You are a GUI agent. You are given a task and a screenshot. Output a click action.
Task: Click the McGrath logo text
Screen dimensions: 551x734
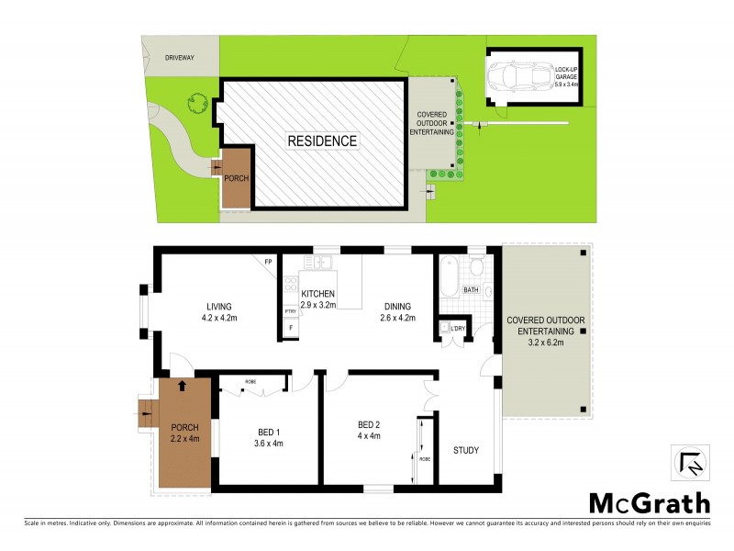click(x=649, y=502)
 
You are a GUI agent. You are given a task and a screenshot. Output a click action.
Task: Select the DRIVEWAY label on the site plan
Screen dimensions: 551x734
click(x=179, y=58)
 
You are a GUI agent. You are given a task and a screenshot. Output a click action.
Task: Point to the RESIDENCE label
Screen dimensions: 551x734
click(x=322, y=141)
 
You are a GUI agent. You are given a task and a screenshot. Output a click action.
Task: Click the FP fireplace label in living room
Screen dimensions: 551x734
click(x=269, y=264)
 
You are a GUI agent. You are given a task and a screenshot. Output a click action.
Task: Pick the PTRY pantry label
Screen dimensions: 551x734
click(x=290, y=311)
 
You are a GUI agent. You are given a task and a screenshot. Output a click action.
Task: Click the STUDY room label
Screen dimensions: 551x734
click(x=466, y=450)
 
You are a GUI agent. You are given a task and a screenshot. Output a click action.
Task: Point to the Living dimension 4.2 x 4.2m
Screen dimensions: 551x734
click(x=219, y=319)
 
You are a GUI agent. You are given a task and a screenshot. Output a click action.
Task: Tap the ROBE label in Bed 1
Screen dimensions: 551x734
click(x=250, y=381)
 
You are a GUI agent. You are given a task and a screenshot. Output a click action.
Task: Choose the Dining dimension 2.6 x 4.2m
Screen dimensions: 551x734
click(x=397, y=319)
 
